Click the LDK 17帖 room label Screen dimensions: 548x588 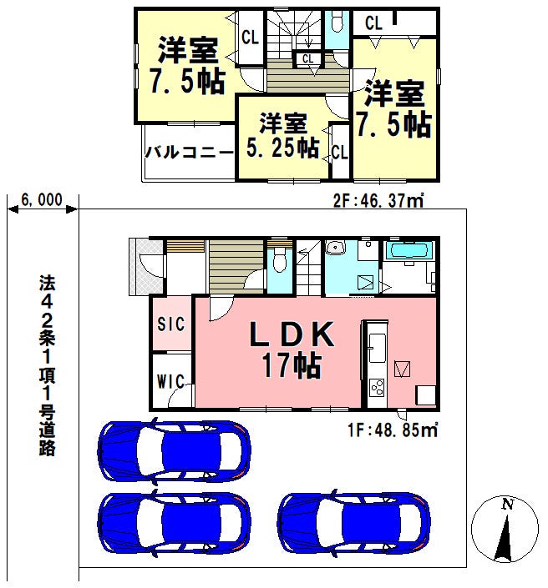coord(292,349)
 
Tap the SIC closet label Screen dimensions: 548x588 coord(171,324)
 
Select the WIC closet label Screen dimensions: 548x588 coord(170,382)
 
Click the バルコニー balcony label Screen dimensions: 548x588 coord(190,153)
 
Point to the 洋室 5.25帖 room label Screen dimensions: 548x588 coord(283,135)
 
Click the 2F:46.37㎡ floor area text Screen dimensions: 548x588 coord(378,201)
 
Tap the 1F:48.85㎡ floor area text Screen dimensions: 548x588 coord(393,430)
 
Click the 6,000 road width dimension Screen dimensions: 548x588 coord(42,200)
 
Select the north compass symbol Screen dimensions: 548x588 coord(505,530)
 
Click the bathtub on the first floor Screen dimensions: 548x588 coord(408,250)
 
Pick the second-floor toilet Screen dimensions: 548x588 coord(337,23)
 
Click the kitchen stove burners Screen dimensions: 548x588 coord(377,388)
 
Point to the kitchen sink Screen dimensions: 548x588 coord(377,348)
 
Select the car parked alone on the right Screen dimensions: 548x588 coord(354,522)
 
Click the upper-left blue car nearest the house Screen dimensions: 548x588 coord(174,451)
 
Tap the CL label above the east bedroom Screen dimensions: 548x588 coord(373,23)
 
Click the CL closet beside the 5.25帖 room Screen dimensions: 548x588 coord(340,152)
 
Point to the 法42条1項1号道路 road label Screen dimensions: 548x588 coord(48,365)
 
